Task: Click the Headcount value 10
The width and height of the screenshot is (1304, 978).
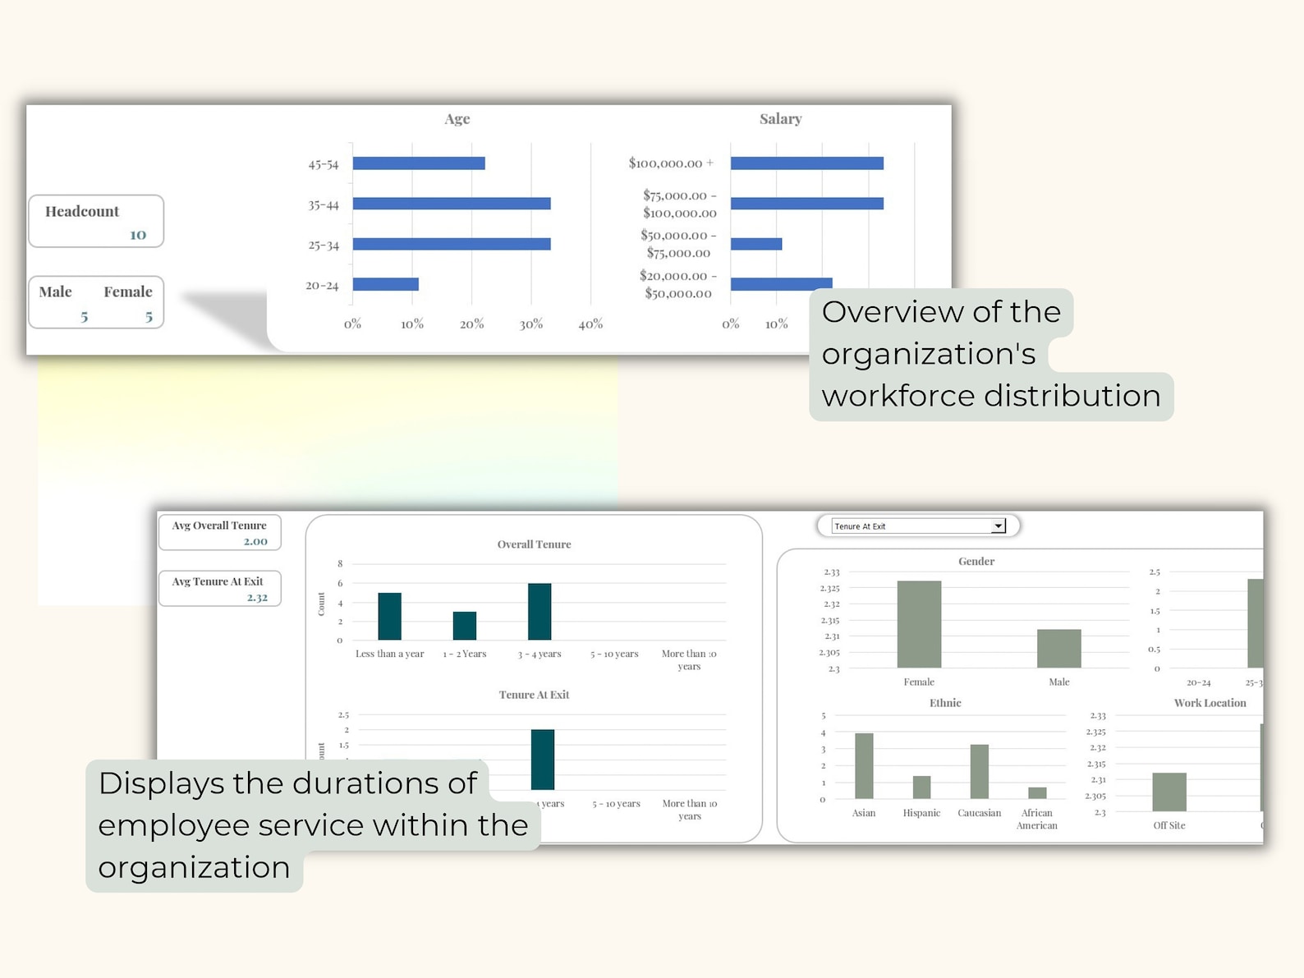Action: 138,235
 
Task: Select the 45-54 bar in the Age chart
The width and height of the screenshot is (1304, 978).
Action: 419,163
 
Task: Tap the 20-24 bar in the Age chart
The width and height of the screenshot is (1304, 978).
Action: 385,285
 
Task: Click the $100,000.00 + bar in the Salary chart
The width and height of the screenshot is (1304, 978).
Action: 806,163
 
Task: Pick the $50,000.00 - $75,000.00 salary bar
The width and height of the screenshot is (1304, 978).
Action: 755,244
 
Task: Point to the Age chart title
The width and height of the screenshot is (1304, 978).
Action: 457,119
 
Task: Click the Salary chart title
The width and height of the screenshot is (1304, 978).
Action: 780,119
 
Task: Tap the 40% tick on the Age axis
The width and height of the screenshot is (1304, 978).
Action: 590,324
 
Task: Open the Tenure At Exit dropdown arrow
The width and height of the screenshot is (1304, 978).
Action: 998,526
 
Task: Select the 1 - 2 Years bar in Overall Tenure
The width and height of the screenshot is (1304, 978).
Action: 465,626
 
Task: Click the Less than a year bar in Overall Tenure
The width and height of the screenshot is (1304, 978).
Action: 389,616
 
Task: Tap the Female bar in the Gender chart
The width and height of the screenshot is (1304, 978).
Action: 919,624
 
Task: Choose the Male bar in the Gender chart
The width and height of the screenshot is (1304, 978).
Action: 1058,648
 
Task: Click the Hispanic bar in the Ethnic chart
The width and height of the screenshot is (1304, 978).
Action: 921,787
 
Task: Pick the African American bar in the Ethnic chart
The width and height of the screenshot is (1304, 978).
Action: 1037,793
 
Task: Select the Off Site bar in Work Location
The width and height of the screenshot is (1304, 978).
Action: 1169,792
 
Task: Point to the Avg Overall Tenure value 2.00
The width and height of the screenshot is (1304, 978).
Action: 255,541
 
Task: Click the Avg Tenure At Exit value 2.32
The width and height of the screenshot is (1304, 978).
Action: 257,598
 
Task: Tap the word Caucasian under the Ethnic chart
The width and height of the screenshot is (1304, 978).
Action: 979,813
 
